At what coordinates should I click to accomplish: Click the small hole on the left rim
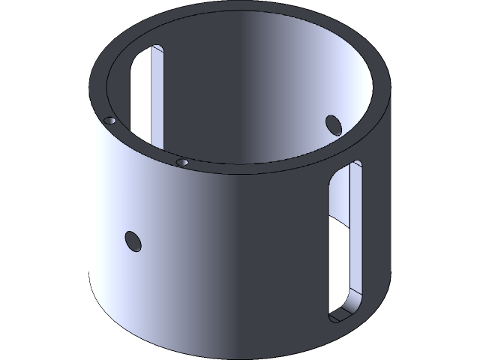pyautogui.click(x=109, y=120)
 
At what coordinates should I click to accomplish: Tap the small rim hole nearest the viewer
pyautogui.click(x=181, y=161)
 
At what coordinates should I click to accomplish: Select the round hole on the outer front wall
pyautogui.click(x=133, y=241)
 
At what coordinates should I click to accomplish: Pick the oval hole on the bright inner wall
pyautogui.click(x=333, y=124)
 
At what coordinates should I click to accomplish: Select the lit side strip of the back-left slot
pyautogui.click(x=157, y=97)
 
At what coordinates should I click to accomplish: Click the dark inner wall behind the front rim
pyautogui.click(x=225, y=112)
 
